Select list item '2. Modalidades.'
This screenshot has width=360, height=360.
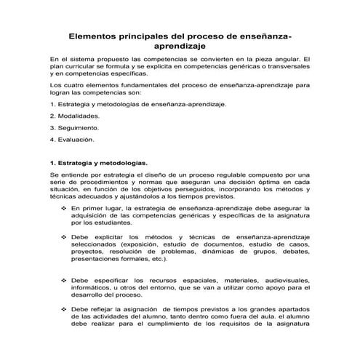click(x=75, y=115)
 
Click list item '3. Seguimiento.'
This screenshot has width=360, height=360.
click(x=74, y=127)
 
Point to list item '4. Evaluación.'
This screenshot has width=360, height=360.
click(x=73, y=138)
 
